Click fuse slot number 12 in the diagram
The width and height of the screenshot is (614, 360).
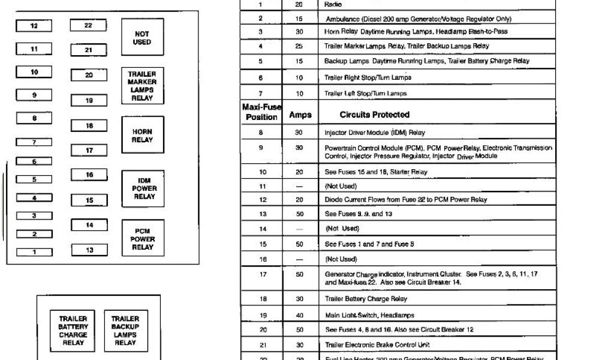(34, 26)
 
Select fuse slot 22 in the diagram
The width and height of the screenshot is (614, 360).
(88, 26)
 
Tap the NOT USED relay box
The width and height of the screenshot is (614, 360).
(142, 38)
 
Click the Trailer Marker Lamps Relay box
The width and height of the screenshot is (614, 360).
(142, 86)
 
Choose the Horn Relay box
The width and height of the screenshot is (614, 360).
(142, 136)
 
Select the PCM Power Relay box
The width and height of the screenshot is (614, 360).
(142, 238)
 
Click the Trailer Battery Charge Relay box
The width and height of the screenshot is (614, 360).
(73, 331)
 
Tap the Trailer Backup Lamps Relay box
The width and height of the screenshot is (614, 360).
(125, 331)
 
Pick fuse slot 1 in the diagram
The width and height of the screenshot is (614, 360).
(34, 252)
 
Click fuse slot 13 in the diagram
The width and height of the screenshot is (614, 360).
(89, 250)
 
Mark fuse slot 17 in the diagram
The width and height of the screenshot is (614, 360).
(89, 151)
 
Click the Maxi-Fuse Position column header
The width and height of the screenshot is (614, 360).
(261, 112)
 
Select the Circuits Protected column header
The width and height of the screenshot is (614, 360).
(374, 115)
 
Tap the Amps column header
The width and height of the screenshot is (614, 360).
(300, 115)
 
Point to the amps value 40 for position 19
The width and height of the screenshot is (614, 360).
(300, 315)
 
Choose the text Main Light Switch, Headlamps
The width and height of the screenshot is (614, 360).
(369, 315)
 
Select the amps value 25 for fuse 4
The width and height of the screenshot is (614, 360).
(299, 46)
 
